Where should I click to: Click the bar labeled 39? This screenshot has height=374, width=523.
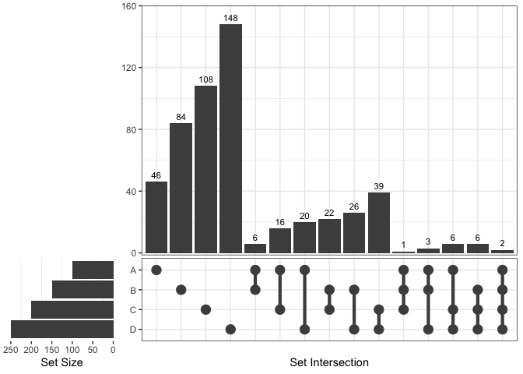[379, 223]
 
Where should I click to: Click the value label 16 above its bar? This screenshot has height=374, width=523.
[280, 222]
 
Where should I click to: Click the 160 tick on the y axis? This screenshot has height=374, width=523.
[129, 6]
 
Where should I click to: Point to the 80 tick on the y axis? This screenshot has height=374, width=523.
[132, 129]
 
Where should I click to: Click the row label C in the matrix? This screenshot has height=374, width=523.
[132, 309]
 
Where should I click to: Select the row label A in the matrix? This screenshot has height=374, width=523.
[132, 270]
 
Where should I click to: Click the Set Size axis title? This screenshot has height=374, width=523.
[61, 362]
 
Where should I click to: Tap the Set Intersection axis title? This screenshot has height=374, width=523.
[329, 362]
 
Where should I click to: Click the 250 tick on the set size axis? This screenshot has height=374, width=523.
[11, 349]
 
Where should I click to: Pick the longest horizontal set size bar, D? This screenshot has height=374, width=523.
[62, 329]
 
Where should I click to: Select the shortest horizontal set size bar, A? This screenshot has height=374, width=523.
[93, 270]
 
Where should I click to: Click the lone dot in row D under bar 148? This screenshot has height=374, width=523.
[230, 329]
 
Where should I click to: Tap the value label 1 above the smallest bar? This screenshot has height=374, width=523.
[403, 245]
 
